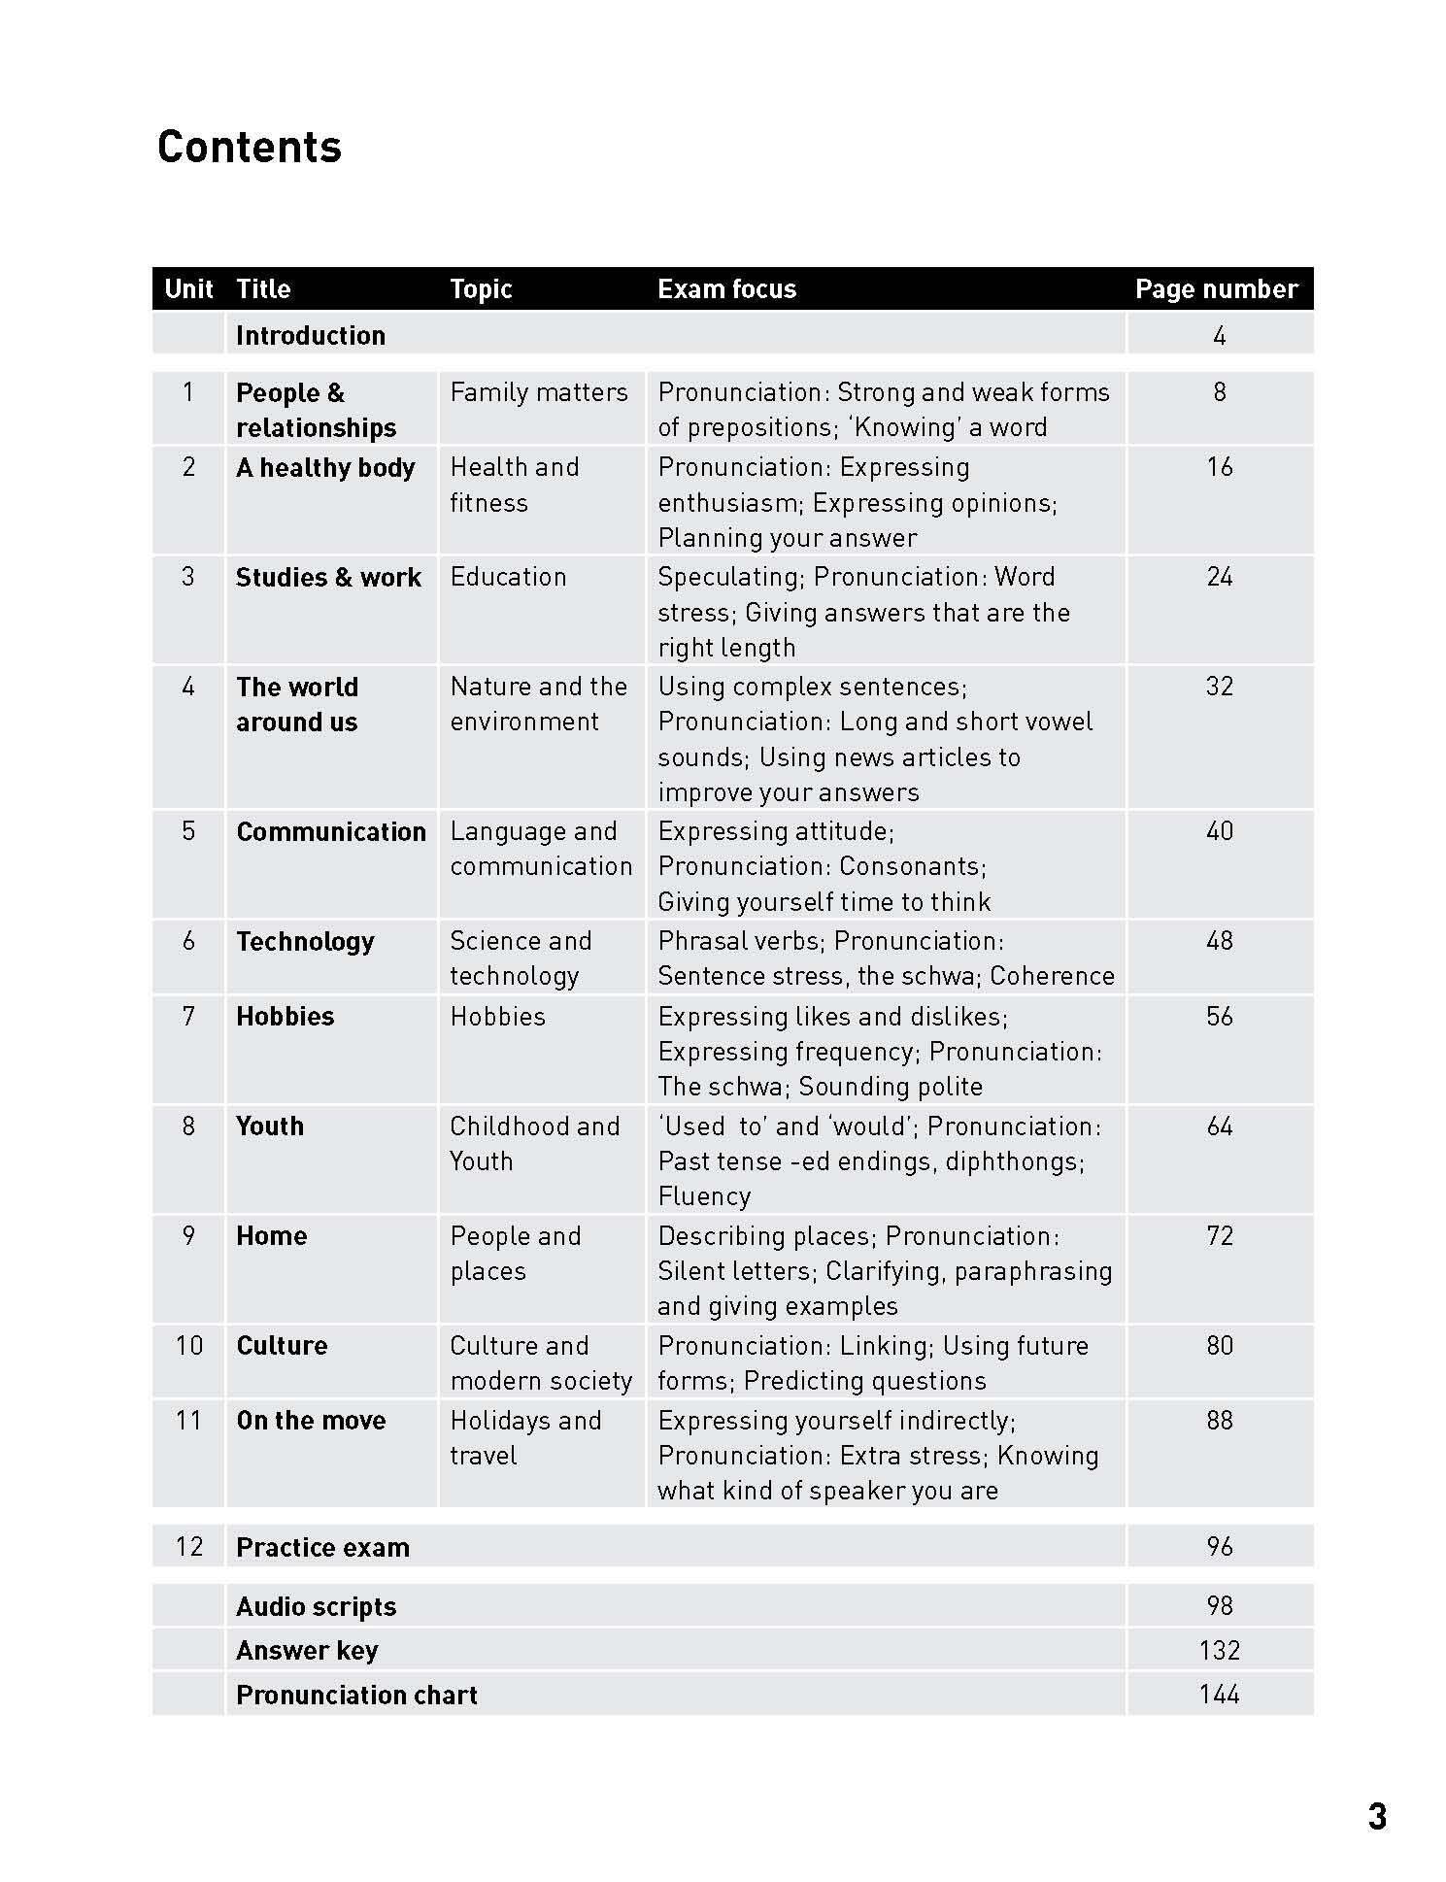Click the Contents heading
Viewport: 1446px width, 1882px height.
click(x=250, y=148)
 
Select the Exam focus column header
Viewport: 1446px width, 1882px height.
click(x=726, y=289)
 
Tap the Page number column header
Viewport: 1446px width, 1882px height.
click(x=1216, y=289)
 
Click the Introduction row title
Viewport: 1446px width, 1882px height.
click(x=311, y=336)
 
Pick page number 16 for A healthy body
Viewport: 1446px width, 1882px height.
click(x=1220, y=467)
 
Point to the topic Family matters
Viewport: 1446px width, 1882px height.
click(x=539, y=392)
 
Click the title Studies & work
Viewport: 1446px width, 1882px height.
click(x=328, y=578)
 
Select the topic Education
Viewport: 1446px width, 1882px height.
click(x=508, y=577)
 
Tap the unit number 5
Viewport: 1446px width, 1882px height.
click(x=188, y=831)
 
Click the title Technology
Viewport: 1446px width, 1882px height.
click(x=305, y=942)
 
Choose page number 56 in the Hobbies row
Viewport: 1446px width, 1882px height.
click(x=1220, y=1017)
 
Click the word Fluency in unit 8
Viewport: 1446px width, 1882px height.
click(x=704, y=1196)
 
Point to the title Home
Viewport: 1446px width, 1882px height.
click(x=272, y=1236)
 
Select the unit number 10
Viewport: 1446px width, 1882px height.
click(x=188, y=1346)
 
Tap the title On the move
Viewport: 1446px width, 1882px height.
click(x=311, y=1421)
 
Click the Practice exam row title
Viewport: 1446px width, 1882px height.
click(x=322, y=1548)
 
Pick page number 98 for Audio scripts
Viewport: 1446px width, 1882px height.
click(x=1220, y=1606)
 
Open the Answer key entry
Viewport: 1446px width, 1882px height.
click(x=307, y=1651)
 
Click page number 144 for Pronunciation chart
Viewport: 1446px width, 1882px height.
click(x=1220, y=1695)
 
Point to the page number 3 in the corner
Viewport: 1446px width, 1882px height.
click(x=1377, y=1817)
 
